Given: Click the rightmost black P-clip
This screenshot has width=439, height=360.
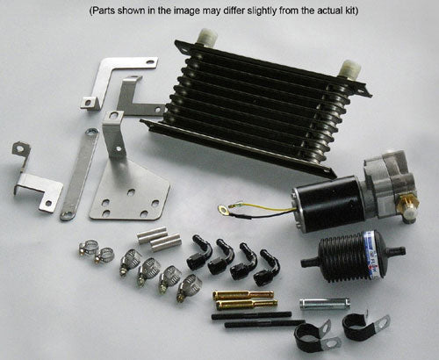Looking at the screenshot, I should pos(357,328).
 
